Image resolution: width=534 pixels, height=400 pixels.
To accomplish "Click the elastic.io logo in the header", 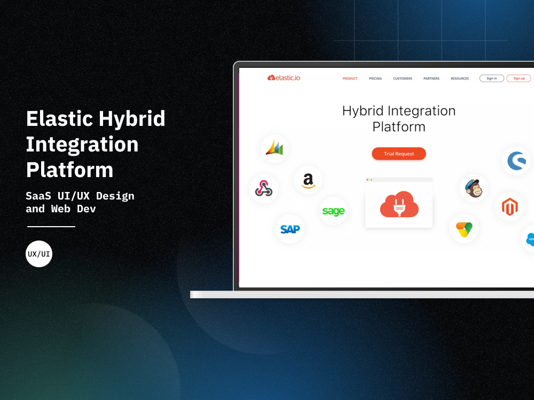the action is (284, 78).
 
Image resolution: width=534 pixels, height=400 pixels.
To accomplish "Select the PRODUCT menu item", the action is (350, 78).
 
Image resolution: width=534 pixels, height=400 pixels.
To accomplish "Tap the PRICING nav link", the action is (375, 78).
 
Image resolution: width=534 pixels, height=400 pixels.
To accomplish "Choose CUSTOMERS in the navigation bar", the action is (403, 78).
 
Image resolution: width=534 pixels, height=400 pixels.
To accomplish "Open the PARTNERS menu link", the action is (431, 78).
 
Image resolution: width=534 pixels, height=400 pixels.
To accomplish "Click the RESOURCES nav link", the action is (460, 78).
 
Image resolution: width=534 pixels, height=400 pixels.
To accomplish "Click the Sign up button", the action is (519, 78).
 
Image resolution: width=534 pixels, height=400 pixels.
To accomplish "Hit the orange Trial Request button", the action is (399, 154).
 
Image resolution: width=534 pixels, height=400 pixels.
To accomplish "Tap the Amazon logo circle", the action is (308, 180).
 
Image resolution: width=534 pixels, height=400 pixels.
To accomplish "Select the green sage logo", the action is (333, 211).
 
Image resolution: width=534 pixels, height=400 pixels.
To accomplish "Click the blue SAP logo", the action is (290, 229).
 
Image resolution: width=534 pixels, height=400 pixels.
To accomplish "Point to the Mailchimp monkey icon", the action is (474, 188).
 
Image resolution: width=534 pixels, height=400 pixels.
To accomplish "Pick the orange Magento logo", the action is (509, 207).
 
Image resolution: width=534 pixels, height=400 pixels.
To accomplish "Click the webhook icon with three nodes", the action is (264, 189).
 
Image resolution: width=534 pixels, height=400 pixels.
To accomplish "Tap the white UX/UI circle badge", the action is (39, 254).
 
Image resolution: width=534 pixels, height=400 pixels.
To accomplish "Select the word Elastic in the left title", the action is (60, 119).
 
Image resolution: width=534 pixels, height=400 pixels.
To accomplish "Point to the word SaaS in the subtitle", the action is (38, 196).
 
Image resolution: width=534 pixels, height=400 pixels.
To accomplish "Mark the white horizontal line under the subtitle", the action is (51, 227).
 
